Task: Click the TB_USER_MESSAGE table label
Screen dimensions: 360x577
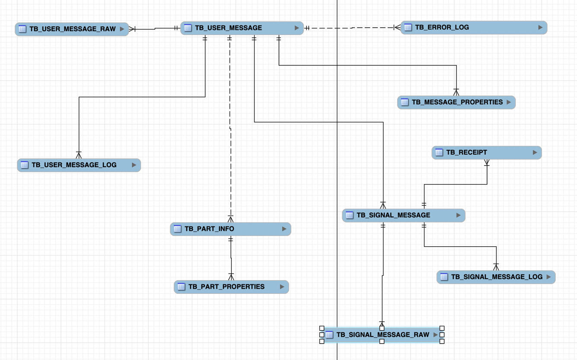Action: (x=228, y=28)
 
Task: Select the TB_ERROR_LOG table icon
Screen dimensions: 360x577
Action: (x=408, y=28)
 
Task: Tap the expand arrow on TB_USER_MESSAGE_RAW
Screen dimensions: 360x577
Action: (x=122, y=29)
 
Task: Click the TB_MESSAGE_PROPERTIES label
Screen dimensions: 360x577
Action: (x=457, y=102)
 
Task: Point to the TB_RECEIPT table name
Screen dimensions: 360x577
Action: (x=466, y=153)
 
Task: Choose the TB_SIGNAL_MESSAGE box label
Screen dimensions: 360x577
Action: (x=393, y=215)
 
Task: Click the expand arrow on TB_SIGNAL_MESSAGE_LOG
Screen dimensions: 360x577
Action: (x=549, y=277)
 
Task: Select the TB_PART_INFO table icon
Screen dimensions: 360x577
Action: (x=177, y=229)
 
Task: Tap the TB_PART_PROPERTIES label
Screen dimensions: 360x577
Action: (x=226, y=287)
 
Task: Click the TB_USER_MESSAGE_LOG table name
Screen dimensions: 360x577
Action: (x=74, y=165)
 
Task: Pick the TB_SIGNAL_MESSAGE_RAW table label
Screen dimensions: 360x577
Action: (x=383, y=335)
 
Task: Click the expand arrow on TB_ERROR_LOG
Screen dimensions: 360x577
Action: (x=540, y=27)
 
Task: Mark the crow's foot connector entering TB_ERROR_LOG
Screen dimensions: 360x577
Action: (x=397, y=28)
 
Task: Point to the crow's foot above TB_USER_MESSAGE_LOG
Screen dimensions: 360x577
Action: (x=79, y=155)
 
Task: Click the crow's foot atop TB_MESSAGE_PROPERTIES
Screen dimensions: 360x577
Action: (x=456, y=92)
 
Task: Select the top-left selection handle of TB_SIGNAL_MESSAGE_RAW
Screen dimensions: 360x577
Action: (x=322, y=328)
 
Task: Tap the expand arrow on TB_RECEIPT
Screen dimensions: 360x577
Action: (x=535, y=153)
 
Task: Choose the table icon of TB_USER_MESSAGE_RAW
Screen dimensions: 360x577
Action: (x=22, y=29)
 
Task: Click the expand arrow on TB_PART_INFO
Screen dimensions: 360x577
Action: (x=284, y=229)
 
